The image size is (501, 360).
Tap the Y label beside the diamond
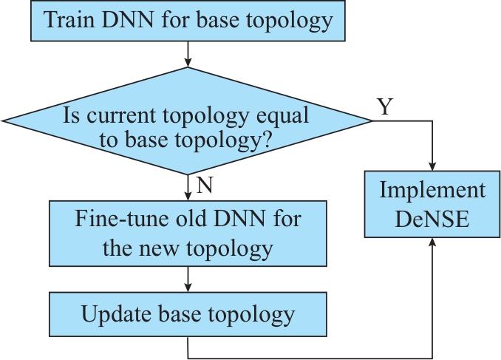385,106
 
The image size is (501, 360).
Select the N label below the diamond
205,185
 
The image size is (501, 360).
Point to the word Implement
432,190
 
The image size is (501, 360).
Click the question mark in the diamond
267,140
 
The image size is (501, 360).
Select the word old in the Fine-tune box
175,219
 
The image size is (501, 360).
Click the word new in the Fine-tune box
159,248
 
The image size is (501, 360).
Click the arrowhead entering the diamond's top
188,63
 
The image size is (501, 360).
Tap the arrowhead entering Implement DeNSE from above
432,166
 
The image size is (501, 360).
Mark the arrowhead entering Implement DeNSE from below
432,242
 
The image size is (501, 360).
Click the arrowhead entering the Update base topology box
188,288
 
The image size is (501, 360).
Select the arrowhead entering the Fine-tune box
188,196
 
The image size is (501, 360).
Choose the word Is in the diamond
71,115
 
